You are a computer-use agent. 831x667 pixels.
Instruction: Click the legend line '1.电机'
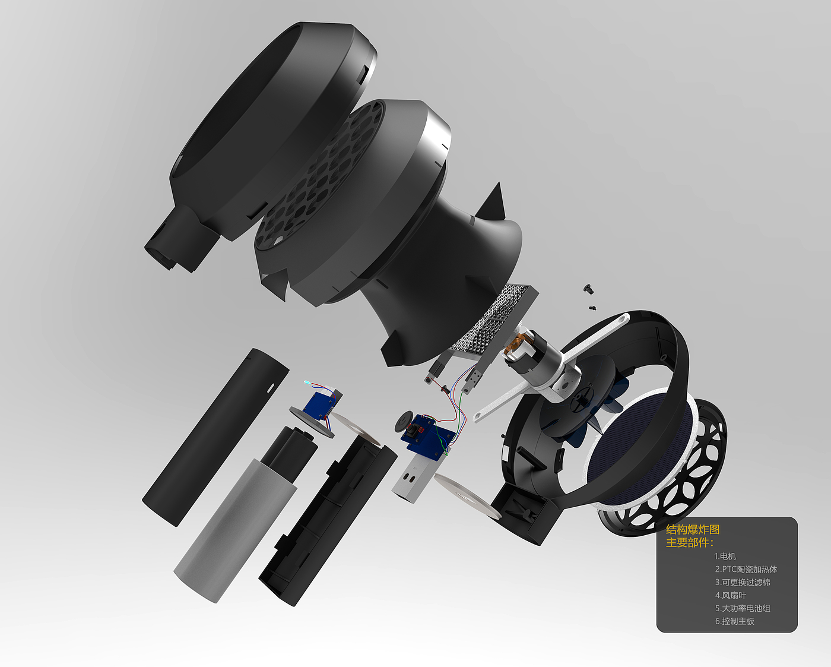pos(725,556)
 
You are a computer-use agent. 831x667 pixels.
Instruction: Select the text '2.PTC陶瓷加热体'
pos(746,569)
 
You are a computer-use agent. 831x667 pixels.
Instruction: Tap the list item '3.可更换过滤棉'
pos(743,582)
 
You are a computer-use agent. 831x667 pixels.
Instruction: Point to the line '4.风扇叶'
pos(730,595)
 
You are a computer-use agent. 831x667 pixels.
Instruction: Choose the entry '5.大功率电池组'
pos(743,608)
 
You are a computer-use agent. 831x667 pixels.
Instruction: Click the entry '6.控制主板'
pos(734,621)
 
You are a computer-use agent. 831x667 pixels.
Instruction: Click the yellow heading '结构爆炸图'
pos(693,529)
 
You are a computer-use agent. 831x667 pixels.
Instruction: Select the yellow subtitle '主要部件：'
pos(690,542)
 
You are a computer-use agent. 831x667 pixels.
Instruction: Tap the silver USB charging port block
pos(420,479)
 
